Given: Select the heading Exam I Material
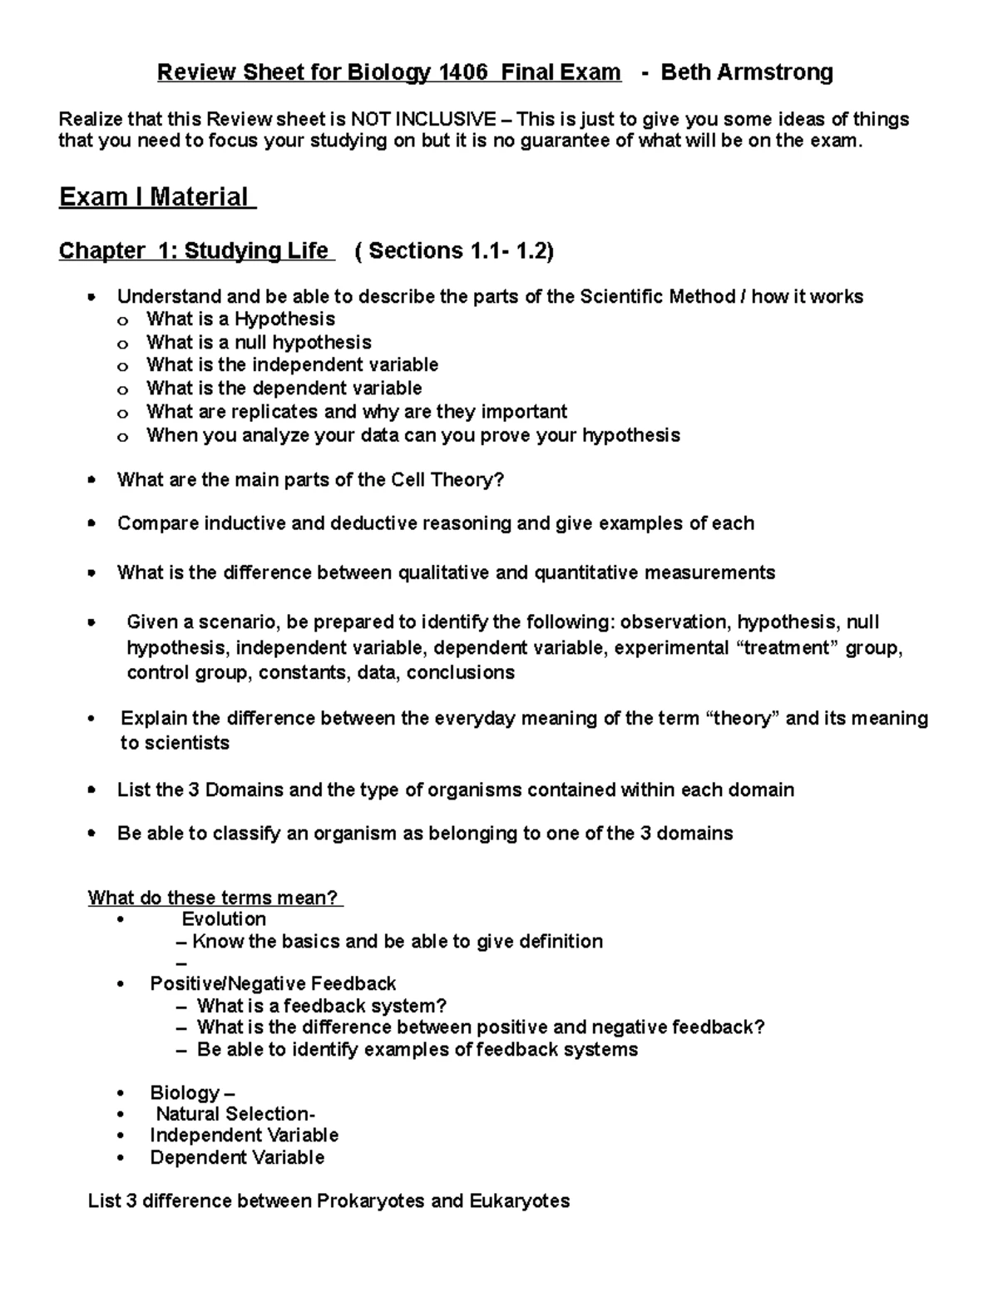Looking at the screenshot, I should click(x=156, y=197).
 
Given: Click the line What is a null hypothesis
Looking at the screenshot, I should click(x=259, y=343).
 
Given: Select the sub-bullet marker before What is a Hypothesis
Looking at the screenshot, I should click(x=123, y=321).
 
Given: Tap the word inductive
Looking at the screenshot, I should click(x=242, y=523).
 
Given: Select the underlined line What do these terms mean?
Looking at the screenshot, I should click(x=215, y=898).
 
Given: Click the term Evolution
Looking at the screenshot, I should click(x=224, y=919).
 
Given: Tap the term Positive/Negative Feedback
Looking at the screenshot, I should click(x=273, y=984).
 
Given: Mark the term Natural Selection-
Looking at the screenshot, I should click(x=235, y=1114).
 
